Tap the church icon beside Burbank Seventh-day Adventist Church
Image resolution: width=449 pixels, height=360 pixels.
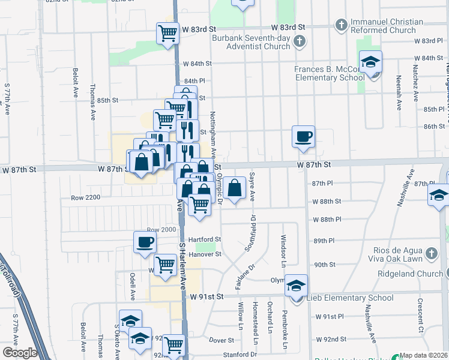(x=301, y=41)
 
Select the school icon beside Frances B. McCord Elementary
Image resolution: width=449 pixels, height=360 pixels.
(x=370, y=62)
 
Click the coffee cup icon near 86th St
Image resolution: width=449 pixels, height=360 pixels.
(x=303, y=136)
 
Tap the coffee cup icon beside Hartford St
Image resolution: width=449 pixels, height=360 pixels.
(x=145, y=242)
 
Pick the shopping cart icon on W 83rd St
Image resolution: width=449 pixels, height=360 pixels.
(x=167, y=33)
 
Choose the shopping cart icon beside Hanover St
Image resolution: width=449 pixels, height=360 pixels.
(x=165, y=264)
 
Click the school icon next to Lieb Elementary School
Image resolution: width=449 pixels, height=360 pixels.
(x=296, y=286)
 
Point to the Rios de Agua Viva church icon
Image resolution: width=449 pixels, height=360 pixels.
(x=430, y=254)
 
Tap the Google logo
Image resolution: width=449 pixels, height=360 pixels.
(x=20, y=353)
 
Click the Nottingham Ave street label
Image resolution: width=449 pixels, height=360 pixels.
(x=212, y=133)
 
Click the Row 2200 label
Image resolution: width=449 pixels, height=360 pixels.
(x=84, y=197)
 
